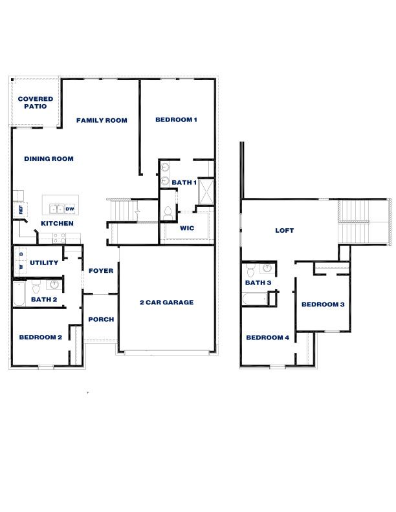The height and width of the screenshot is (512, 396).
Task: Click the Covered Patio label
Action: click(36, 102)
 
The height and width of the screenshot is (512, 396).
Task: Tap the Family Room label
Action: click(102, 120)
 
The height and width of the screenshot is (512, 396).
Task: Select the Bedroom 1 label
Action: click(176, 120)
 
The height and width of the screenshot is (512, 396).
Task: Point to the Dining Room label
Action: click(49, 158)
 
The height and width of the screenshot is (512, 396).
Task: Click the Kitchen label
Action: click(57, 223)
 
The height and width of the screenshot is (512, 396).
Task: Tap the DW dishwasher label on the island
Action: click(69, 209)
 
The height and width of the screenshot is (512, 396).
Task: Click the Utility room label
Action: click(44, 262)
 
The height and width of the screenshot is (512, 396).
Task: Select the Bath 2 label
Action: click(44, 299)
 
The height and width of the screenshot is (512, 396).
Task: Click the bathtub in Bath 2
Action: click(19, 295)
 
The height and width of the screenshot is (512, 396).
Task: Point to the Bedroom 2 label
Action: click(40, 337)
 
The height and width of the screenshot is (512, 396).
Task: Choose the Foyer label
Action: click(101, 271)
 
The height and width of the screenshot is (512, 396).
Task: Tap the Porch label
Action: click(101, 319)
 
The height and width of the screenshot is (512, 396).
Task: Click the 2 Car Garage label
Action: click(166, 302)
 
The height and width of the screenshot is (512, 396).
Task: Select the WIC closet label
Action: click(187, 228)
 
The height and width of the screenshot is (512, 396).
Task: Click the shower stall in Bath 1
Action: click(206, 192)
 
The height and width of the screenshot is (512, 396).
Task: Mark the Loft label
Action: click(285, 229)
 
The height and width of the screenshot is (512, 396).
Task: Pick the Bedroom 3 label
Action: click(323, 304)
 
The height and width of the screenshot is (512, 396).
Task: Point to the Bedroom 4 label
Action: click(267, 337)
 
